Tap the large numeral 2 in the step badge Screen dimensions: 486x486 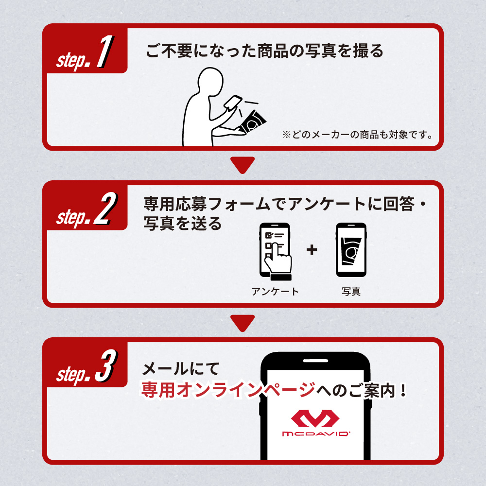tap(105, 208)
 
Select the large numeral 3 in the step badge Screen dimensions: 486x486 tap(106, 366)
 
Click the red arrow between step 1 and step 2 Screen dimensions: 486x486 tap(243, 164)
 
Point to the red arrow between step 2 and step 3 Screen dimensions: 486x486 tap(243, 322)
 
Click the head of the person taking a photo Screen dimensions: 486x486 tap(210, 81)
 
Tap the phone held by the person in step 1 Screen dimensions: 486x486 tap(233, 103)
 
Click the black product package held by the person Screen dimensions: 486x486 tap(252, 122)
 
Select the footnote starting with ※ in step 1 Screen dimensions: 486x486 tap(357, 135)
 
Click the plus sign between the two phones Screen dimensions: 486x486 tap(312, 250)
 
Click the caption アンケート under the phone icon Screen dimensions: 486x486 tap(275, 291)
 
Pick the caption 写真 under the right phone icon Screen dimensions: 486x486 tap(351, 291)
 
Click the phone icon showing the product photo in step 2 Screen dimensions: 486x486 tap(351, 250)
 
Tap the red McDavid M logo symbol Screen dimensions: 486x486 tap(315, 418)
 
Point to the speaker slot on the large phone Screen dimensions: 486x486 tap(315, 361)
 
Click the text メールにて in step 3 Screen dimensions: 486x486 tap(181, 369)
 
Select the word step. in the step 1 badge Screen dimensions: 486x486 tap(73, 60)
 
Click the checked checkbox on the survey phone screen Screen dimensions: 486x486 tap(268, 235)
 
